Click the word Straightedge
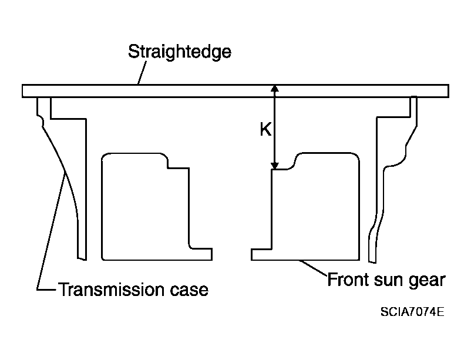[x=180, y=52]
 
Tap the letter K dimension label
[x=265, y=130]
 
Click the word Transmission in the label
[x=112, y=290]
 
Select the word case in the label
[x=189, y=290]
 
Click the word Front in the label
[x=348, y=280]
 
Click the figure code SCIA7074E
[x=412, y=312]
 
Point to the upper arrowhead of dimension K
[x=275, y=88]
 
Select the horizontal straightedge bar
[x=235, y=91]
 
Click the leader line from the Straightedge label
[x=142, y=73]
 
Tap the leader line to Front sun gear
[x=313, y=267]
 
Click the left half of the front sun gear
[x=156, y=207]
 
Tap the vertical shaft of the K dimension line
[x=275, y=127]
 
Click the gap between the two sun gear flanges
[x=231, y=254]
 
